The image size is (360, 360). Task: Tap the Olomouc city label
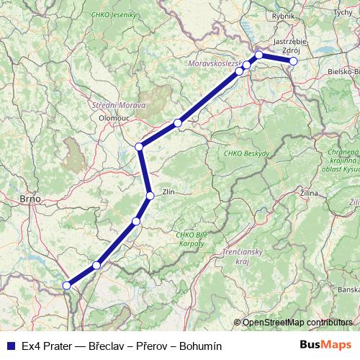pos(114,114)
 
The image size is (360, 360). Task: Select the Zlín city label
pos(169,192)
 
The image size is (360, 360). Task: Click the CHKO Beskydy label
pos(246,154)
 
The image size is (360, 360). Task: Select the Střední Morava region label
pos(119,105)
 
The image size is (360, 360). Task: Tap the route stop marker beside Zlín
pos(150,196)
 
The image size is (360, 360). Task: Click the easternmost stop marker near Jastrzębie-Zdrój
pos(293,61)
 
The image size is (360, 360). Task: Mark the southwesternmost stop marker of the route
pos(67,285)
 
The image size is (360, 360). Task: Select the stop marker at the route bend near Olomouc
pos(140,147)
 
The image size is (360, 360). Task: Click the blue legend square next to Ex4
pos(11,346)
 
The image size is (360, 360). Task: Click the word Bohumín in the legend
pos(201,346)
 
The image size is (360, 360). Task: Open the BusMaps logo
pos(325,345)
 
